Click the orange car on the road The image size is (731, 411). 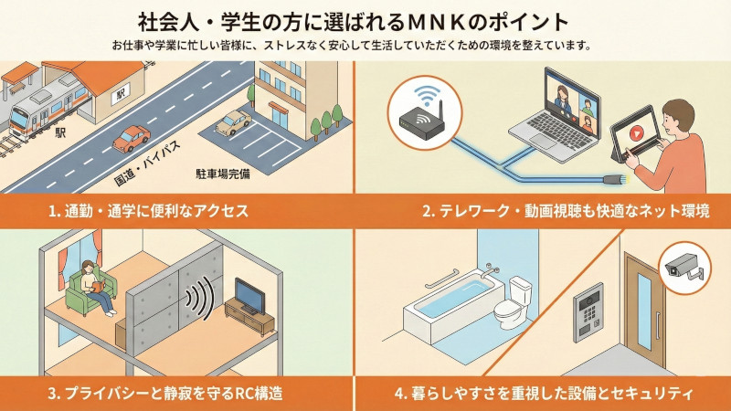pyautogui.click(x=132, y=139)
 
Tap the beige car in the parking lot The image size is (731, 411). pyautogui.click(x=233, y=123)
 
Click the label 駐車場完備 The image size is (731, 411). pyautogui.click(x=223, y=174)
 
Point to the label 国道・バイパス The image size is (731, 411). pyautogui.click(x=147, y=163)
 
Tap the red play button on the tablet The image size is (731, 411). pyautogui.click(x=635, y=133)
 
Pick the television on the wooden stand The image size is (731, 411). pyautogui.click(x=249, y=296)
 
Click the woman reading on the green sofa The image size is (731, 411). pyautogui.click(x=97, y=287)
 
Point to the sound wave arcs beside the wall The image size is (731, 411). pyautogui.click(x=200, y=299)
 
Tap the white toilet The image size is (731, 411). pyautogui.click(x=512, y=302)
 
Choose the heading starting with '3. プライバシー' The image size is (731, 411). pyautogui.click(x=165, y=394)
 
